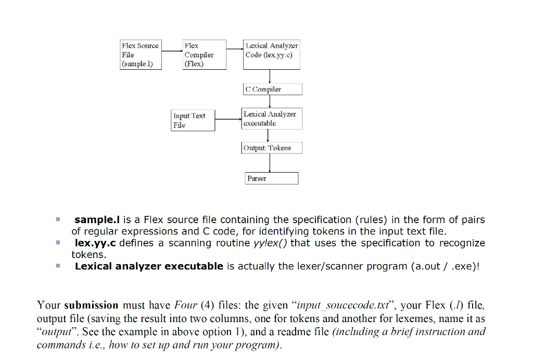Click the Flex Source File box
tap(140, 55)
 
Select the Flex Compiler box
tap(204, 55)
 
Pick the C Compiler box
tap(272, 89)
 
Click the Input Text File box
tap(194, 120)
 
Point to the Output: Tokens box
tap(272, 148)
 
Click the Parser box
tap(272, 178)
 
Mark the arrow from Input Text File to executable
tap(228, 119)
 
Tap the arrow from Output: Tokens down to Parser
tap(271, 163)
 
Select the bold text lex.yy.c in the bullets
tap(96, 243)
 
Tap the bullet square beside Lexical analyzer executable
tap(59, 266)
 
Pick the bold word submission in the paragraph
tap(91, 305)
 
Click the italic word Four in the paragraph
tap(186, 305)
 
